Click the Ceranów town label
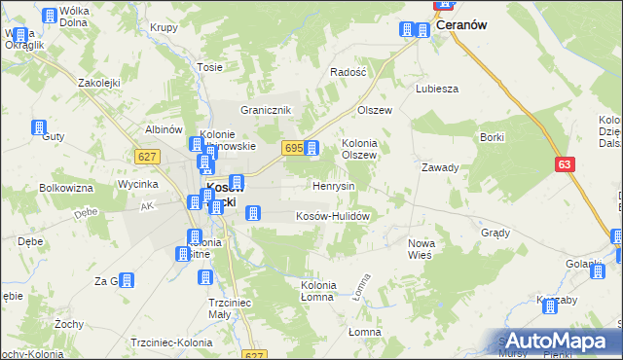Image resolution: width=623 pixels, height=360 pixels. [461, 27]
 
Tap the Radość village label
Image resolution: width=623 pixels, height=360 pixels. [348, 72]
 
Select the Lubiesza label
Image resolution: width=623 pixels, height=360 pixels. [437, 89]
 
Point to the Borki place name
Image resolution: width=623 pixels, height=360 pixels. [492, 137]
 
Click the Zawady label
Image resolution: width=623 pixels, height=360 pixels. [440, 167]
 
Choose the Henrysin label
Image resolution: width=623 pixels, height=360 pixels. [333, 185]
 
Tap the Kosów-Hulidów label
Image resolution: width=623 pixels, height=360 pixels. [332, 216]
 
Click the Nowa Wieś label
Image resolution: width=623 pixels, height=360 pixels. [421, 248]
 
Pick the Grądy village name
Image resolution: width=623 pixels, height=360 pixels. [495, 234]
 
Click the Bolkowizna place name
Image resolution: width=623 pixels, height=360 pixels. [67, 187]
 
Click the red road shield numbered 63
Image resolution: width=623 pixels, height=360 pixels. [566, 165]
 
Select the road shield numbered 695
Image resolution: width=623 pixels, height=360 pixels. [293, 148]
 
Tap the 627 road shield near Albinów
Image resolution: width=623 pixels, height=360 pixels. [148, 157]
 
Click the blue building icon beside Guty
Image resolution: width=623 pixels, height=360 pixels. [39, 127]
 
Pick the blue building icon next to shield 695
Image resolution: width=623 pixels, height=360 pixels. [311, 148]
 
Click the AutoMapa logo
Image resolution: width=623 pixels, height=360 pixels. [556, 342]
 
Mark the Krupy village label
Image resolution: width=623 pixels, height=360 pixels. [165, 27]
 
